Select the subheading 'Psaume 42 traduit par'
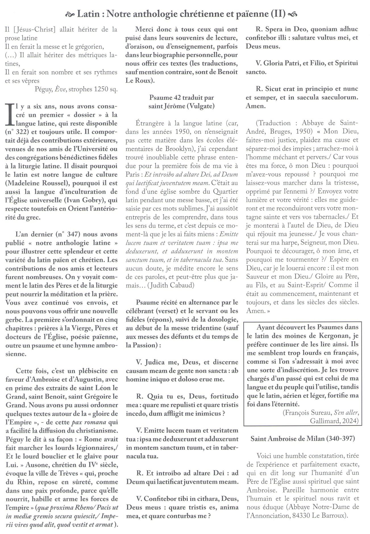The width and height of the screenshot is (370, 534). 182,98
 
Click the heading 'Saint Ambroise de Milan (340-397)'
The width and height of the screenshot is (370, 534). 303,438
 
